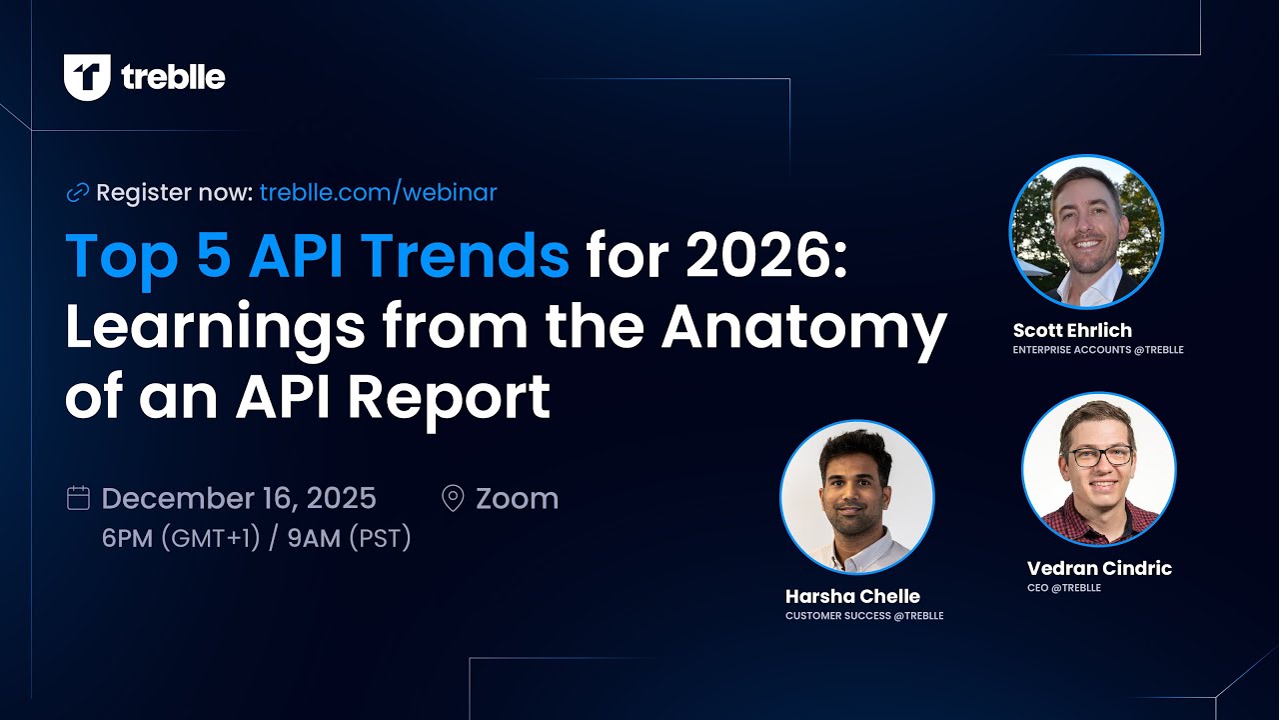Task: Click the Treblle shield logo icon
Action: tap(86, 77)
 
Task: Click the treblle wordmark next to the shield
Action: tap(173, 77)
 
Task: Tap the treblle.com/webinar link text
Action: tap(378, 192)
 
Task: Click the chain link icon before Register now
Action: tap(77, 193)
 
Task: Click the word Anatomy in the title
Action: tap(803, 327)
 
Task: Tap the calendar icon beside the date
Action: tap(78, 498)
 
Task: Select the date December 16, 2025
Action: tap(239, 498)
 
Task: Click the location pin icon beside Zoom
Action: tap(453, 498)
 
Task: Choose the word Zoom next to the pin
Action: tap(517, 498)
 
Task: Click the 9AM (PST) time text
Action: tap(349, 538)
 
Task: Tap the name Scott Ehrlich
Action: tap(1072, 330)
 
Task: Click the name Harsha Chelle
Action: tap(852, 596)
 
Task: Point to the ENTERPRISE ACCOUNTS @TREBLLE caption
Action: tap(1097, 350)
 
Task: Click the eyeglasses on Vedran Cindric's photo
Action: tap(1099, 456)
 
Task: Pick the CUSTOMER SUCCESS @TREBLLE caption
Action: tap(863, 616)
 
